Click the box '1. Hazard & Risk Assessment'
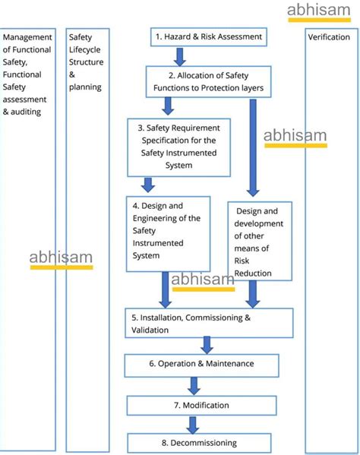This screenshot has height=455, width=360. [208, 36]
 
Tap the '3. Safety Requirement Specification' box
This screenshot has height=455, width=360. [178, 146]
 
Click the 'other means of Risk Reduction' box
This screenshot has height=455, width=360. [259, 242]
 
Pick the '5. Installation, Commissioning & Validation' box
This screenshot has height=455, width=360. [209, 324]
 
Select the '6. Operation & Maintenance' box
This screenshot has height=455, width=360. [201, 365]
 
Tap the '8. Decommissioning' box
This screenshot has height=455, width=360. [199, 443]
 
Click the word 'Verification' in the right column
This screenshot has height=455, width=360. [328, 37]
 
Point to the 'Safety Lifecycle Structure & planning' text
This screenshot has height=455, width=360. [86, 62]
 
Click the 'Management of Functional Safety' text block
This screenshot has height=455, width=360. [27, 74]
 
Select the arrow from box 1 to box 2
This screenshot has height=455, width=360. [180, 56]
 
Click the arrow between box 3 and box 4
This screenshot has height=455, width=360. [148, 185]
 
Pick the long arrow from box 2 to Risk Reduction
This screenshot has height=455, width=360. [253, 147]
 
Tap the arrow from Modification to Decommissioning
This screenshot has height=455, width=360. [192, 425]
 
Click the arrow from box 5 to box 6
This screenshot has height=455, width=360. [207, 346]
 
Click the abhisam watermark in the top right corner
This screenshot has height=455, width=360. [318, 11]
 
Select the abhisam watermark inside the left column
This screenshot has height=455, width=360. [61, 258]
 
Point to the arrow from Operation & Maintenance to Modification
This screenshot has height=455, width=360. [194, 386]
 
